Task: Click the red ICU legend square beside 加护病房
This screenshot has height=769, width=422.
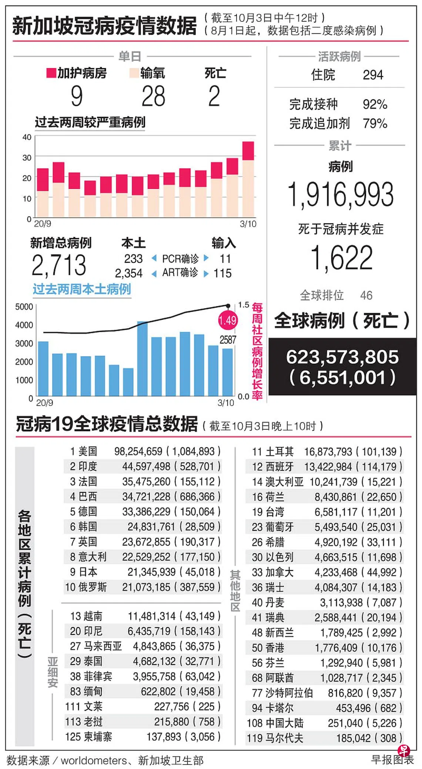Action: pos(51,73)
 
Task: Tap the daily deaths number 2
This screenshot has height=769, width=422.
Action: pos(214,96)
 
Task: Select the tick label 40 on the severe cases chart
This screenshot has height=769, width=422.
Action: pos(27,137)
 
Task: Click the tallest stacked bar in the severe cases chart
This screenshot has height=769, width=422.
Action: pos(248,179)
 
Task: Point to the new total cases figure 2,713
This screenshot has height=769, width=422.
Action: pos(59,265)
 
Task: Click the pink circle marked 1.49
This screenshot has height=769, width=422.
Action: pos(228,320)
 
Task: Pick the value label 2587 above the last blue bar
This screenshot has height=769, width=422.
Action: pos(228,340)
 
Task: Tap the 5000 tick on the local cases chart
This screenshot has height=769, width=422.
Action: pos(24,307)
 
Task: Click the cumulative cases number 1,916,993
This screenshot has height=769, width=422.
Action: pos(341,194)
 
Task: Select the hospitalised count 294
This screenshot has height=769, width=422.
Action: pos(373,75)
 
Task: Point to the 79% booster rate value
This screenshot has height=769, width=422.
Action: pos(375,123)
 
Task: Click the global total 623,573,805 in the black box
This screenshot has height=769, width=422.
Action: pos(342,357)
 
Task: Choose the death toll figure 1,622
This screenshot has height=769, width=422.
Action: pos(341,258)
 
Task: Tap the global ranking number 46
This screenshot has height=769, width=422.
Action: pos(366,295)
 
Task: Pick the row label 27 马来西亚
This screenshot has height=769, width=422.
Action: pos(96,646)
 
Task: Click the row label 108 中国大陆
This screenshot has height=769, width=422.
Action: pos(275,723)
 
